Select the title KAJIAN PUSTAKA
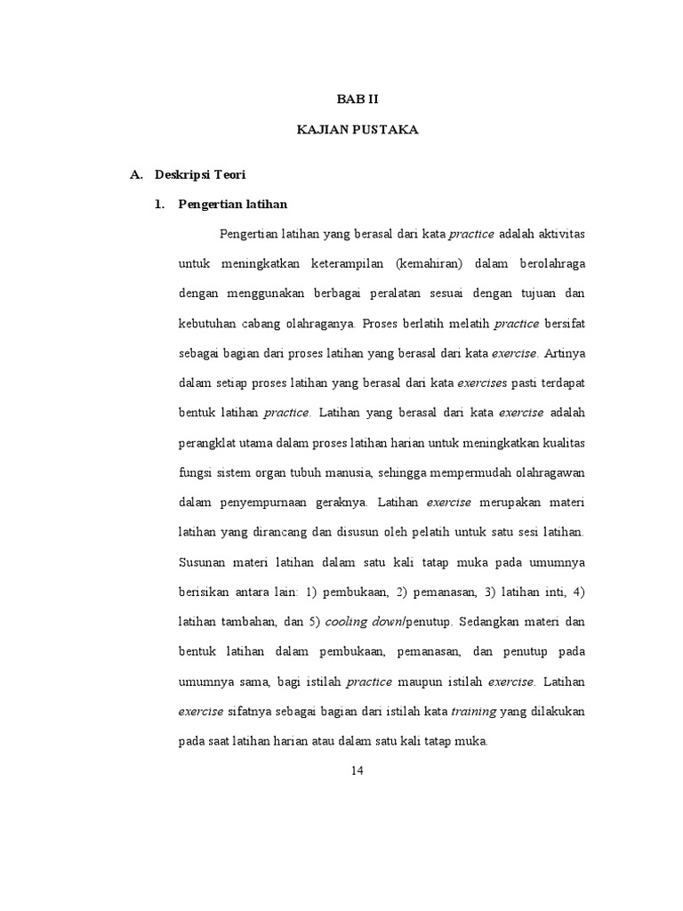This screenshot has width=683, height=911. (x=357, y=130)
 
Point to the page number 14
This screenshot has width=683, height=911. (x=357, y=770)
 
